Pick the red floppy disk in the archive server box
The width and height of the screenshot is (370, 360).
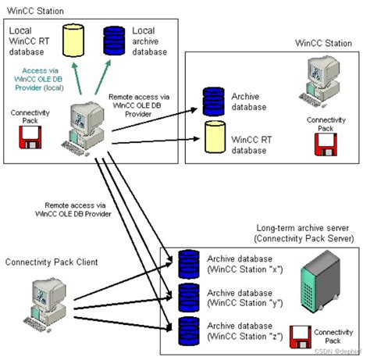pyautogui.click(x=301, y=336)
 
